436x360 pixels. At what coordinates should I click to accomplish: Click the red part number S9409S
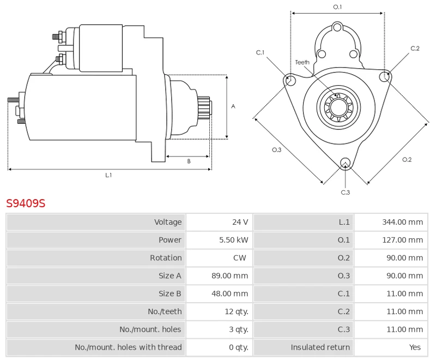coord(26,203)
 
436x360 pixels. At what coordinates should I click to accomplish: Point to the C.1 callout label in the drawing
coord(261,52)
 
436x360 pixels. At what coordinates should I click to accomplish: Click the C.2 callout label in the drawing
coord(415,49)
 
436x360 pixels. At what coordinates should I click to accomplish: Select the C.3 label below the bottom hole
coord(345,192)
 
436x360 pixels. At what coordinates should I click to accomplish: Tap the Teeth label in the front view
coord(302,62)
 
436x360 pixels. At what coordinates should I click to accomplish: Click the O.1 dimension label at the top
coord(337,7)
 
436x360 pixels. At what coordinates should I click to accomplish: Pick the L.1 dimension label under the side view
coord(108,175)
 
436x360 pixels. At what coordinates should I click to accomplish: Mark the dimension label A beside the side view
coord(233,106)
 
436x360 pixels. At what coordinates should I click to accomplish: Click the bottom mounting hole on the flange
coord(344,163)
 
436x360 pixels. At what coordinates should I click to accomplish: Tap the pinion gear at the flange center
coord(337,107)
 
